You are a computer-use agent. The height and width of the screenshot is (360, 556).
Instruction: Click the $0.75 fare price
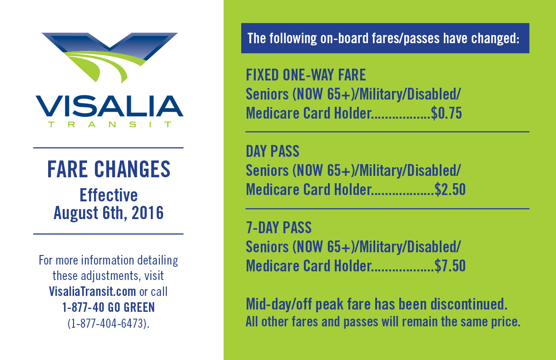point(446,113)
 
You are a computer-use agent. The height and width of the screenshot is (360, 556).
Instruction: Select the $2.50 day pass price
point(450,190)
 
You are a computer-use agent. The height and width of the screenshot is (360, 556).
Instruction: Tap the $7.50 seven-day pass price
point(450,266)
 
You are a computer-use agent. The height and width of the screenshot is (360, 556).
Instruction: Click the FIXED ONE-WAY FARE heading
point(306,75)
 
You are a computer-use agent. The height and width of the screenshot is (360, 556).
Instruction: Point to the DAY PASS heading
point(273,151)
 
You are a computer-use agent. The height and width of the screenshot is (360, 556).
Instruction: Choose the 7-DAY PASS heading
point(279,227)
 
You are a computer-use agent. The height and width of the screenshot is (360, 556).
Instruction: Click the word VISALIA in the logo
point(109,106)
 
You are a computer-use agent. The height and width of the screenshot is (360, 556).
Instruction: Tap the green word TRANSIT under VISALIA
point(109,124)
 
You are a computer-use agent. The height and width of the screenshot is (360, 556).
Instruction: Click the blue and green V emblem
point(109,58)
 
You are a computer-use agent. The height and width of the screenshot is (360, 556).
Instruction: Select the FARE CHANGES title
point(109,169)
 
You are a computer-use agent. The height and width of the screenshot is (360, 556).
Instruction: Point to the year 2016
point(148,213)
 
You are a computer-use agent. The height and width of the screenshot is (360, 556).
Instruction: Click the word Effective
point(109,195)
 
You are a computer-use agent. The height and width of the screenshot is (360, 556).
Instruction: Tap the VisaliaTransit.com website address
point(92,291)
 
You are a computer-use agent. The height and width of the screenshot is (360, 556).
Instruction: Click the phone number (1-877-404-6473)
point(109,324)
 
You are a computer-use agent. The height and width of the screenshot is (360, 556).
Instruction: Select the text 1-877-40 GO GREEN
point(109,307)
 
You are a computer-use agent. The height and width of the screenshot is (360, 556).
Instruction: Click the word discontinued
point(469,304)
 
